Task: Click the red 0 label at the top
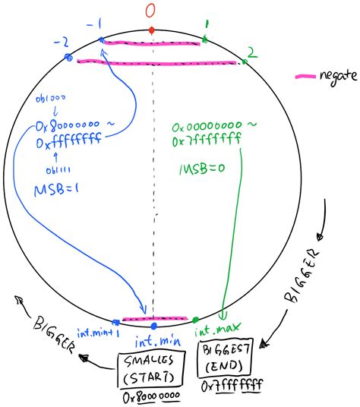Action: pyautogui.click(x=152, y=11)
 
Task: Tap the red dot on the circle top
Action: pyautogui.click(x=152, y=30)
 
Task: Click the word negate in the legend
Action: pyautogui.click(x=334, y=77)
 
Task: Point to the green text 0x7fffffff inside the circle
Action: pyautogui.click(x=203, y=140)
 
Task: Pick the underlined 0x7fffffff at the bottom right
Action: pyautogui.click(x=231, y=386)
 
